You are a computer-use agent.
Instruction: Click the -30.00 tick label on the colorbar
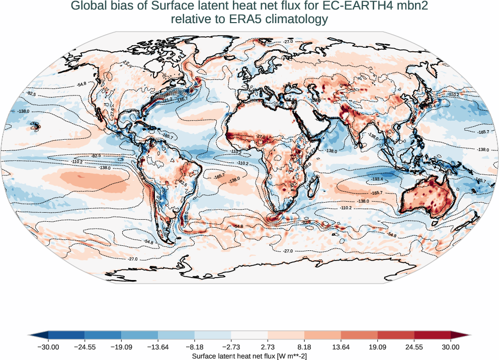48,346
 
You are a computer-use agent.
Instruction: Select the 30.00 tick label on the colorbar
451,346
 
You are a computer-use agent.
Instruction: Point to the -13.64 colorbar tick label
158,346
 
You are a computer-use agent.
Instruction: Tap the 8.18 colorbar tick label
304,346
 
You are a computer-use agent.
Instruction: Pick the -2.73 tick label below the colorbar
231,346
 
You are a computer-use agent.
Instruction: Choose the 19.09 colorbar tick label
377,346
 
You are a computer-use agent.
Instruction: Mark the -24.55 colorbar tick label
85,346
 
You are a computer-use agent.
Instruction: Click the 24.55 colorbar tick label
414,346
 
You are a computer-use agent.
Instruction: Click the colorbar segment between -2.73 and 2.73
249,335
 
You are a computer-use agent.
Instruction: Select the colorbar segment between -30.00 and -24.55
66,335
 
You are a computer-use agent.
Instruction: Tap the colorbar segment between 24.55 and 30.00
433,335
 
